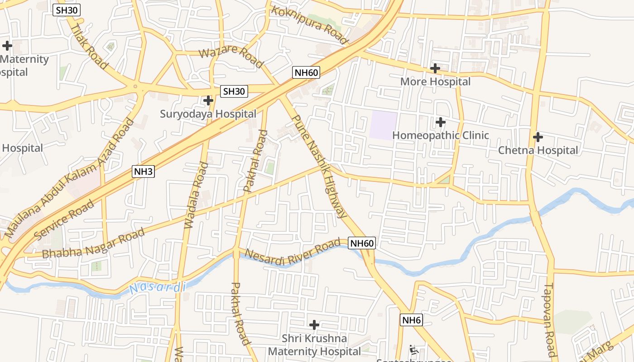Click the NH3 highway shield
point(144,171)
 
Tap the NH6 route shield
point(412,320)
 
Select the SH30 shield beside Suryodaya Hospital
point(234,91)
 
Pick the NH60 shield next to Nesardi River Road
point(362,243)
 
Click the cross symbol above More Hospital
point(435,69)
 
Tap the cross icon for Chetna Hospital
point(538,137)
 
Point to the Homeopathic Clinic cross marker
point(440,122)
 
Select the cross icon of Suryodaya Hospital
point(208,100)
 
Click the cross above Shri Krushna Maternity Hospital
point(314,325)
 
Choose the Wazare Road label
point(231,57)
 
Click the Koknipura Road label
point(310,24)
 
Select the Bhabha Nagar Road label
point(93,244)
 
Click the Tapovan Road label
point(550,319)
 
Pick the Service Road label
point(65,220)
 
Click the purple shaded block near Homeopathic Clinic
point(384,125)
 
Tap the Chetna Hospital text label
point(538,150)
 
